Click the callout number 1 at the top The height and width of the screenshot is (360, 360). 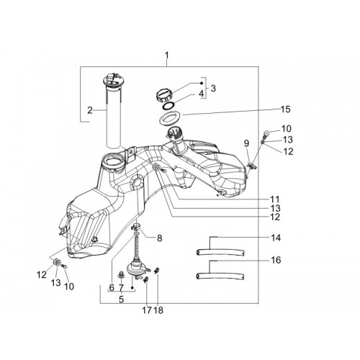166,55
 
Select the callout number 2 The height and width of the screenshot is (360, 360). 90,110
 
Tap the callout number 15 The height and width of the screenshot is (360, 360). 286,109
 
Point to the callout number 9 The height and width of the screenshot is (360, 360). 246,143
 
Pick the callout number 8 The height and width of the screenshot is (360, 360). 159,238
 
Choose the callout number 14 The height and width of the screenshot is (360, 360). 276,238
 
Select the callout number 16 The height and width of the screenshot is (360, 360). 276,260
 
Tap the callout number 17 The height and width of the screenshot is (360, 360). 147,310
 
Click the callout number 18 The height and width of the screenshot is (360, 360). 158,310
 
